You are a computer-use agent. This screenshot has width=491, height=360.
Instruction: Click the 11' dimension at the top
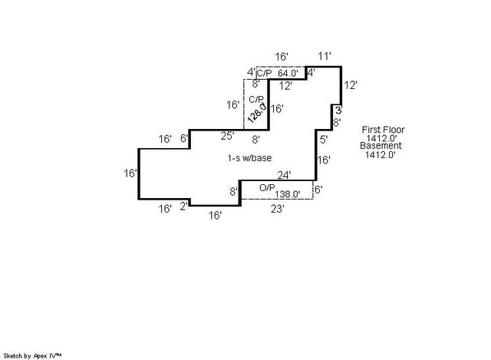325,56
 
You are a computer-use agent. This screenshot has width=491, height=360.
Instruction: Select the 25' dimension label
227,137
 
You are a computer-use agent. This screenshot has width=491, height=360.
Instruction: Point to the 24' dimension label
284,174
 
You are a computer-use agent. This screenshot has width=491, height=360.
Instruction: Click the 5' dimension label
324,140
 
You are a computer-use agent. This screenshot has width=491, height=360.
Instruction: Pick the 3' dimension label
338,111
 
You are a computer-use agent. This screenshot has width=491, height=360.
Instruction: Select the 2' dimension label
183,205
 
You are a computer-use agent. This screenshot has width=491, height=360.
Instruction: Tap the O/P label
267,187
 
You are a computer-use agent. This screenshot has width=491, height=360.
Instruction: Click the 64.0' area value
288,74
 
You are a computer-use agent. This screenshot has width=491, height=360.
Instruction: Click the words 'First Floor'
383,130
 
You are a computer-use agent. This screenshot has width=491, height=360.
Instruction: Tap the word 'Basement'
381,146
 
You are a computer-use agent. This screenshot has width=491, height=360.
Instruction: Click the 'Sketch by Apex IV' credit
32,355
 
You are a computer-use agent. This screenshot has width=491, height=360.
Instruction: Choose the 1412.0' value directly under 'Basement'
380,154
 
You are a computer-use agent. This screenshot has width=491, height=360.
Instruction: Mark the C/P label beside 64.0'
263,74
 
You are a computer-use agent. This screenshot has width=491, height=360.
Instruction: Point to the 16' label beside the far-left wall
130,173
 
